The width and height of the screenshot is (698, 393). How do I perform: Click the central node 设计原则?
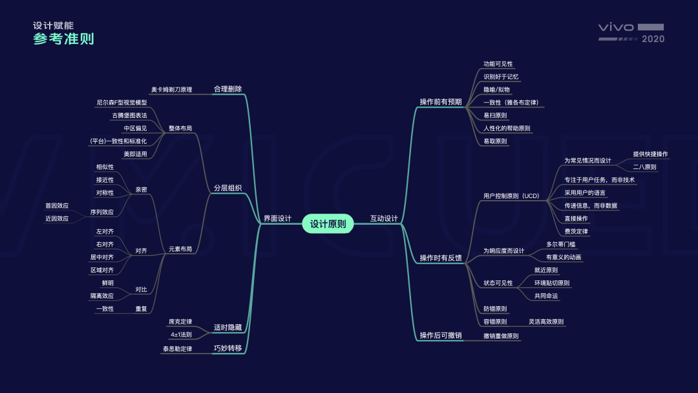[x=328, y=224]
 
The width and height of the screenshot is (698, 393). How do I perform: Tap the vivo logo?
[x=616, y=27]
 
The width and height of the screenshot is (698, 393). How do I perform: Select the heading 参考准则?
[x=63, y=39]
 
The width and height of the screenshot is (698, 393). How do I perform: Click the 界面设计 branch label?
[x=277, y=219]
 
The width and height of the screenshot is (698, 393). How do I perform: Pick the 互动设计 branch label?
[x=384, y=219]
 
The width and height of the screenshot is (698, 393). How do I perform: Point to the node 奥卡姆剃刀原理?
[x=171, y=89]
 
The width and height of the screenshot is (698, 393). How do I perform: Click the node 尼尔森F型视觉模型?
[x=122, y=102]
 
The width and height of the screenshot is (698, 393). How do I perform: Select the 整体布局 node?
[x=180, y=128]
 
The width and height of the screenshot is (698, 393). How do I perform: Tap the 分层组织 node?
[x=227, y=188]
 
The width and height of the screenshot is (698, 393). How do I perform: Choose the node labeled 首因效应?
[x=57, y=206]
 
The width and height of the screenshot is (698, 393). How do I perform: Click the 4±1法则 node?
[x=181, y=335]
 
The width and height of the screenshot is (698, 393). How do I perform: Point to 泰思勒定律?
[x=177, y=349]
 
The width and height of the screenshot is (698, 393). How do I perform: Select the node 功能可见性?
[x=498, y=64]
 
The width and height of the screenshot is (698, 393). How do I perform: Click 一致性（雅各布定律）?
[x=511, y=102]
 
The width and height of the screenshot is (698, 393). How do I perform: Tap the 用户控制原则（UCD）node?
[x=511, y=196]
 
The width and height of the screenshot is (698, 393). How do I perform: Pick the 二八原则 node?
[x=644, y=167]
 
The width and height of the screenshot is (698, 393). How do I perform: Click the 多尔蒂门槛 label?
[x=561, y=245]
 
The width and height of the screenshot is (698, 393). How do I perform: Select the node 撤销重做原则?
[x=502, y=336]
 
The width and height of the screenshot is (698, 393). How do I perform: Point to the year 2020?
[x=653, y=39]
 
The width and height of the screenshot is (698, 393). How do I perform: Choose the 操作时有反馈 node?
[x=441, y=258]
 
